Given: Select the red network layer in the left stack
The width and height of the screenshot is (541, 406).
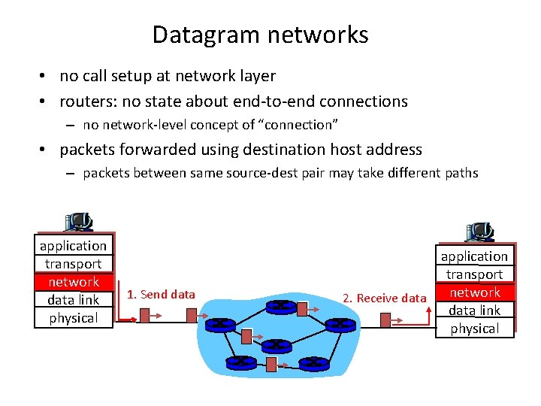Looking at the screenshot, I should click(x=74, y=282).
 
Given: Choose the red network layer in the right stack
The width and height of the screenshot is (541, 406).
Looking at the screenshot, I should click(x=475, y=292).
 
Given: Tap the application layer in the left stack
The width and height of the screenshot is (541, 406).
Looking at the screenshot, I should click(x=74, y=246).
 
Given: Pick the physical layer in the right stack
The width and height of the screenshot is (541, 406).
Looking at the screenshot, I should click(x=475, y=329).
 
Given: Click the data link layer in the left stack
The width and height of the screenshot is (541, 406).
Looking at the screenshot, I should click(x=74, y=300).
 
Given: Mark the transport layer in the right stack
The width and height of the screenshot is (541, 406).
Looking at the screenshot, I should click(x=475, y=274).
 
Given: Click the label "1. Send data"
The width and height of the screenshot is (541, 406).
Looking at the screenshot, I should click(x=161, y=295).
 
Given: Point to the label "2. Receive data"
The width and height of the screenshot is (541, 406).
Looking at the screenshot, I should click(x=384, y=298).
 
